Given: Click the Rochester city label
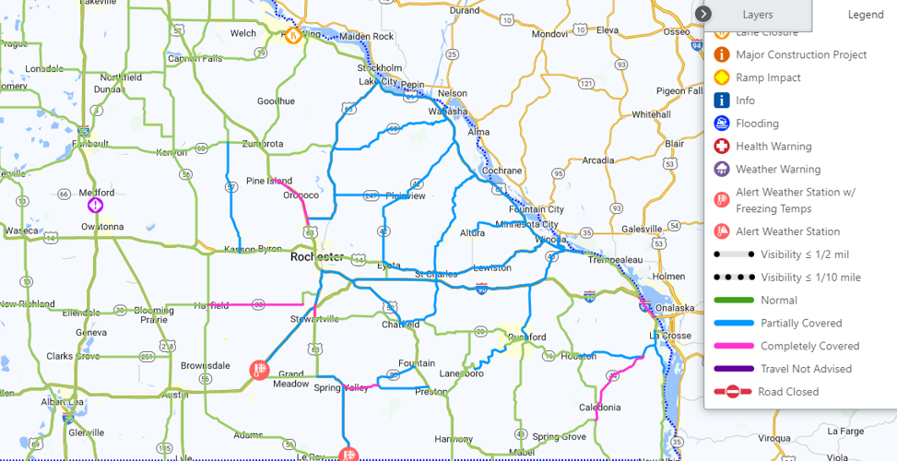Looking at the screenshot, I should click(x=316, y=257).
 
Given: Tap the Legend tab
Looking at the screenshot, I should click(x=865, y=15).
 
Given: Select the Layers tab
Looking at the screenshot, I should click(x=758, y=15).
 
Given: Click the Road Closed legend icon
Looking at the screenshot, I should click(x=732, y=392).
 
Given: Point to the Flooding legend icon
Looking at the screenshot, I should click(x=722, y=124).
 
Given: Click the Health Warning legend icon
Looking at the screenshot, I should click(x=722, y=147).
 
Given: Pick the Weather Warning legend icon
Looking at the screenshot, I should click(x=722, y=170).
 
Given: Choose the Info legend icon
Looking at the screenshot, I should click(x=722, y=100).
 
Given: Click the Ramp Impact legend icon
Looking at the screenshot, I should click(x=722, y=77).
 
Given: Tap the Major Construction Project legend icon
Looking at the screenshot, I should click(x=722, y=54).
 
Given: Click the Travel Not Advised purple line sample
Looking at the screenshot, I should click(x=732, y=369).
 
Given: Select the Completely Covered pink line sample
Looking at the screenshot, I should click(x=732, y=346).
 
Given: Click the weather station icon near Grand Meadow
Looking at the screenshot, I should click(x=260, y=371).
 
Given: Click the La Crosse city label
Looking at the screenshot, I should click(x=669, y=336).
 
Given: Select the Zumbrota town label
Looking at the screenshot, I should click(x=263, y=144).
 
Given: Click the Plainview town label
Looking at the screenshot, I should click(x=406, y=195).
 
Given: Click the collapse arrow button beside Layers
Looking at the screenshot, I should click(x=703, y=14).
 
